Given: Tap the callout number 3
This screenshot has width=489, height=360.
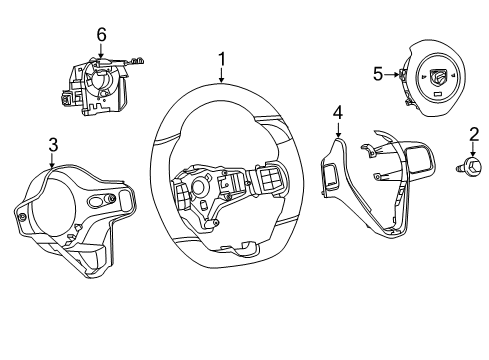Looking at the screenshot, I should [52, 146].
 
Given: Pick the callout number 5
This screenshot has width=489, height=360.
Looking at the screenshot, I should [378, 73].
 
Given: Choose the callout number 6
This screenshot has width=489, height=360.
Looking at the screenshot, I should [100, 35].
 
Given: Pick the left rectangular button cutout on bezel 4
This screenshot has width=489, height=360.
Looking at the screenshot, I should [330, 178].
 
